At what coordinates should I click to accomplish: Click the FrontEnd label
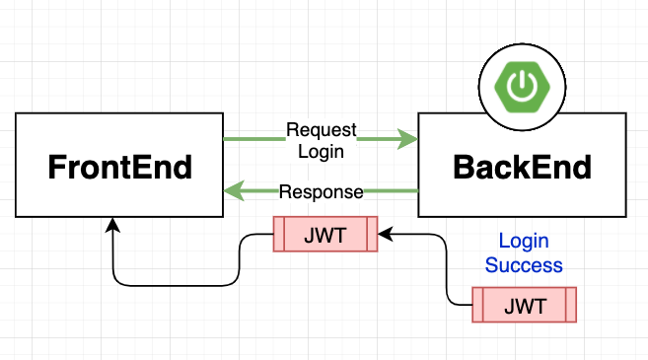click(119, 167)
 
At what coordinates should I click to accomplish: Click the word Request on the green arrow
click(321, 130)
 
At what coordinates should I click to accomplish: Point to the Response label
click(321, 191)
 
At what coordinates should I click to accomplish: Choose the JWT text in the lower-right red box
click(523, 305)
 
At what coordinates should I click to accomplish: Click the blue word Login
click(523, 242)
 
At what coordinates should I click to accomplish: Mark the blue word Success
click(523, 264)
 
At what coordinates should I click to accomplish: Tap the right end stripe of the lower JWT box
click(568, 305)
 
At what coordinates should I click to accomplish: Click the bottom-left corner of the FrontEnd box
click(17, 216)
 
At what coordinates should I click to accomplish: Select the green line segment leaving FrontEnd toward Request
click(252, 140)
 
